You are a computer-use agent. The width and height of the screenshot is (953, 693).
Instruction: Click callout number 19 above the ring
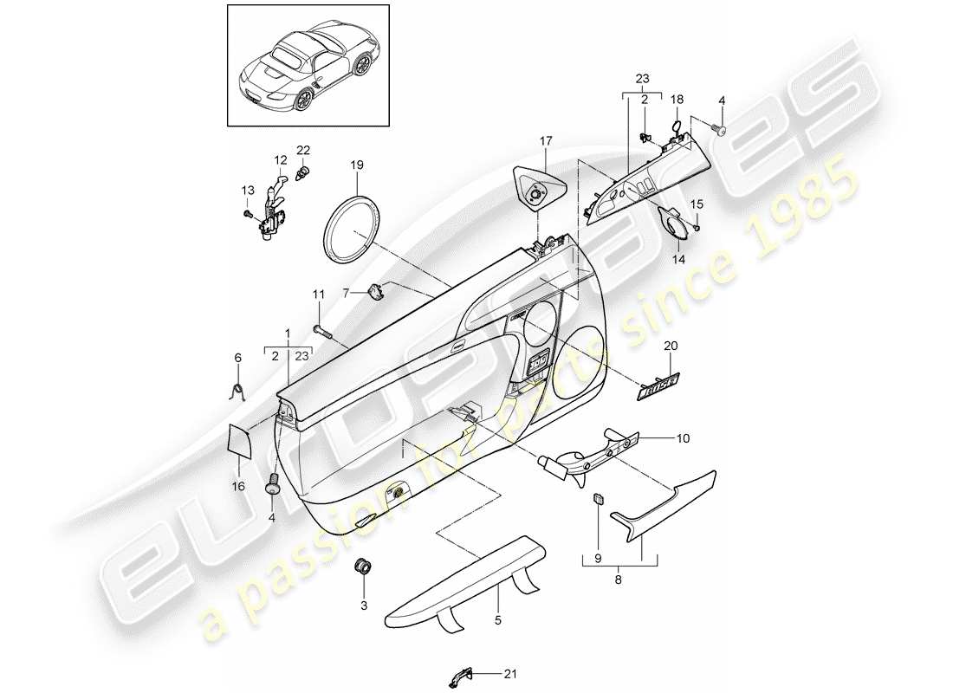pos(357,164)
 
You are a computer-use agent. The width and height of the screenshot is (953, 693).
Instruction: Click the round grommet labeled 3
pos(365,568)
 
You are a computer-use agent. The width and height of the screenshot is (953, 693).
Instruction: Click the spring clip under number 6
pos(240,391)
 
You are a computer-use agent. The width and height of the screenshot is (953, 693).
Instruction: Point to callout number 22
pos(304,151)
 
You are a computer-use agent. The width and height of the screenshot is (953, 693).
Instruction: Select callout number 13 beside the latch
pos(247,191)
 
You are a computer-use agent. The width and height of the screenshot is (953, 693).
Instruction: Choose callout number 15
pos(696,204)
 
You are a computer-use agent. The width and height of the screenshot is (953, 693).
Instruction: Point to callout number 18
pos(677,100)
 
